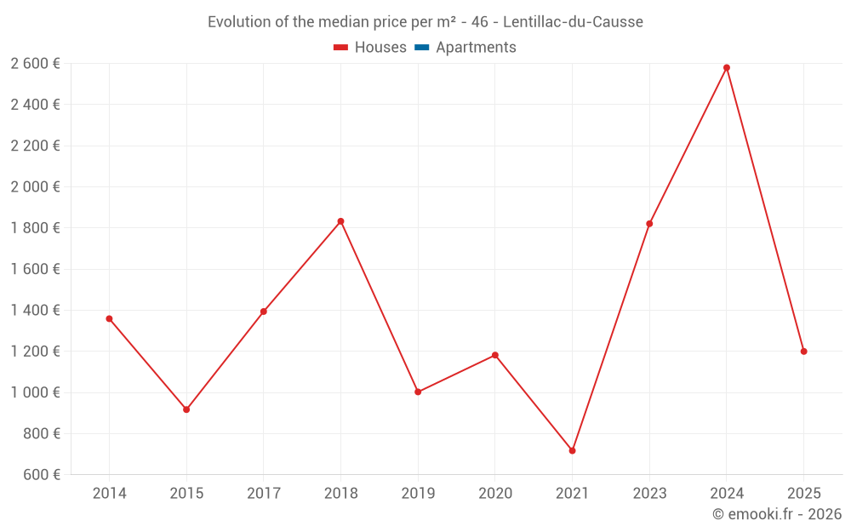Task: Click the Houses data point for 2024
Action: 726,67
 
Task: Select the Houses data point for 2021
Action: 572,450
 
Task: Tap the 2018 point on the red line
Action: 340,221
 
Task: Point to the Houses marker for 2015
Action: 186,409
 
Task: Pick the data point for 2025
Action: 803,352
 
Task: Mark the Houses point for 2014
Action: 109,318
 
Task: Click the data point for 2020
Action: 494,355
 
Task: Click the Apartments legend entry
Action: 475,48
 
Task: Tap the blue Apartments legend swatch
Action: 421,48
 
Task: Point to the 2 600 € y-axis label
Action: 35,63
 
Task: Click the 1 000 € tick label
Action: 35,392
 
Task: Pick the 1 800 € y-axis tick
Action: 35,227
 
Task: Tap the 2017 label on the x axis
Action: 264,493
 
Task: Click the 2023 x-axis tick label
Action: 649,493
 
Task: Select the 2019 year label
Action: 418,493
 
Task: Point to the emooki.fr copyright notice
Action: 776,514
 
